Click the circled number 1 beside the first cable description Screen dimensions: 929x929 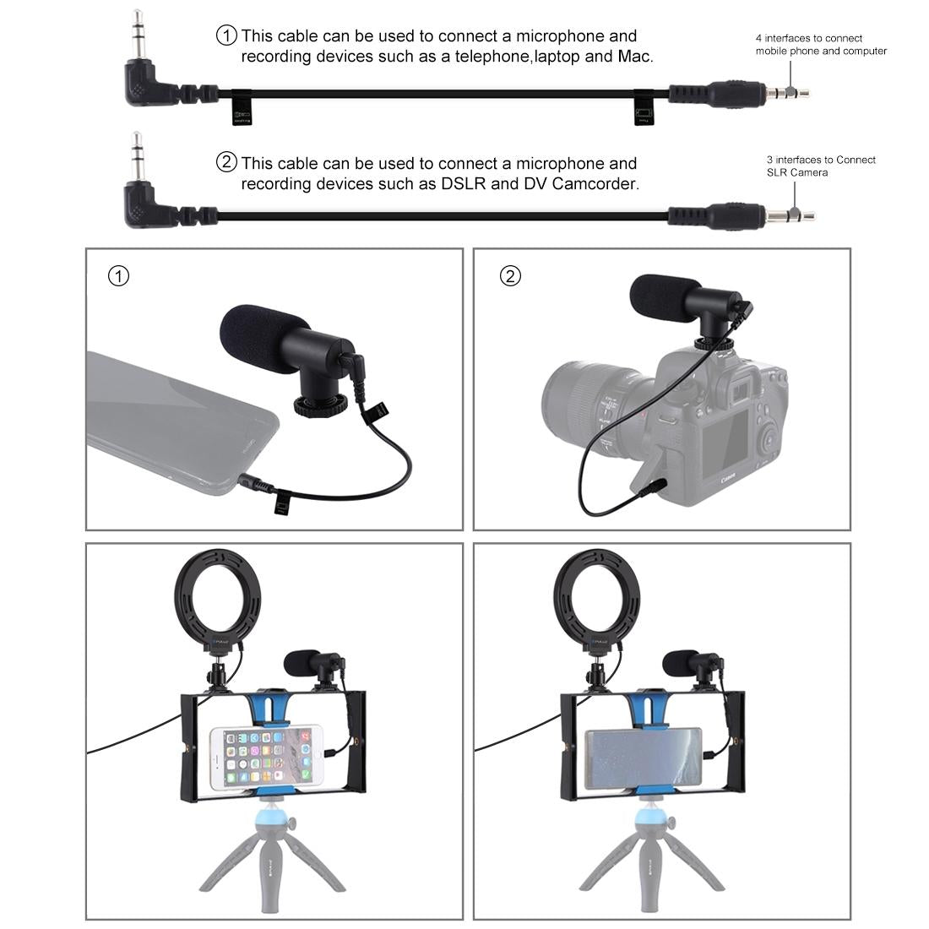227,35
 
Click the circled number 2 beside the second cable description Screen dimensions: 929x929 227,162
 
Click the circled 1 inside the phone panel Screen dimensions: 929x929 120,276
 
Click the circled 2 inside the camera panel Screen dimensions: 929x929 510,276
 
